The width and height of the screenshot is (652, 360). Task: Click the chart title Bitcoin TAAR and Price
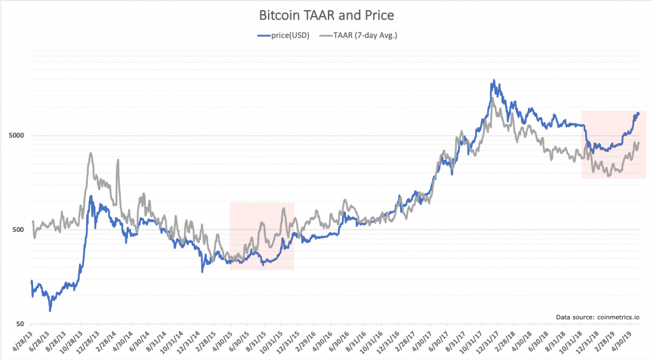click(x=326, y=13)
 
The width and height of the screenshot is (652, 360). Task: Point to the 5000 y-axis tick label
click(x=17, y=136)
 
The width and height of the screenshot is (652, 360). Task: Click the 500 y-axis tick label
click(x=19, y=230)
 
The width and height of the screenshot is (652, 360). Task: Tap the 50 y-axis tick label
click(x=21, y=324)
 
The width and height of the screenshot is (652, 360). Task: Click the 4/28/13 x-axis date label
click(x=23, y=342)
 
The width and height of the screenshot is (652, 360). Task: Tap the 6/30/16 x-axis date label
click(x=337, y=342)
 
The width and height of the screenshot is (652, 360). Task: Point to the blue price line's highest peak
click(x=493, y=81)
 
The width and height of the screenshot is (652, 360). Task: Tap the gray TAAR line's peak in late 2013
click(x=91, y=153)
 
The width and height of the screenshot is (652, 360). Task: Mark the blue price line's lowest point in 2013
click(x=50, y=310)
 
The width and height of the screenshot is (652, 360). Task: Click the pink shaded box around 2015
click(x=262, y=236)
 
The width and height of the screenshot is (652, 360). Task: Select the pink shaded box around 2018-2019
click(x=613, y=144)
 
